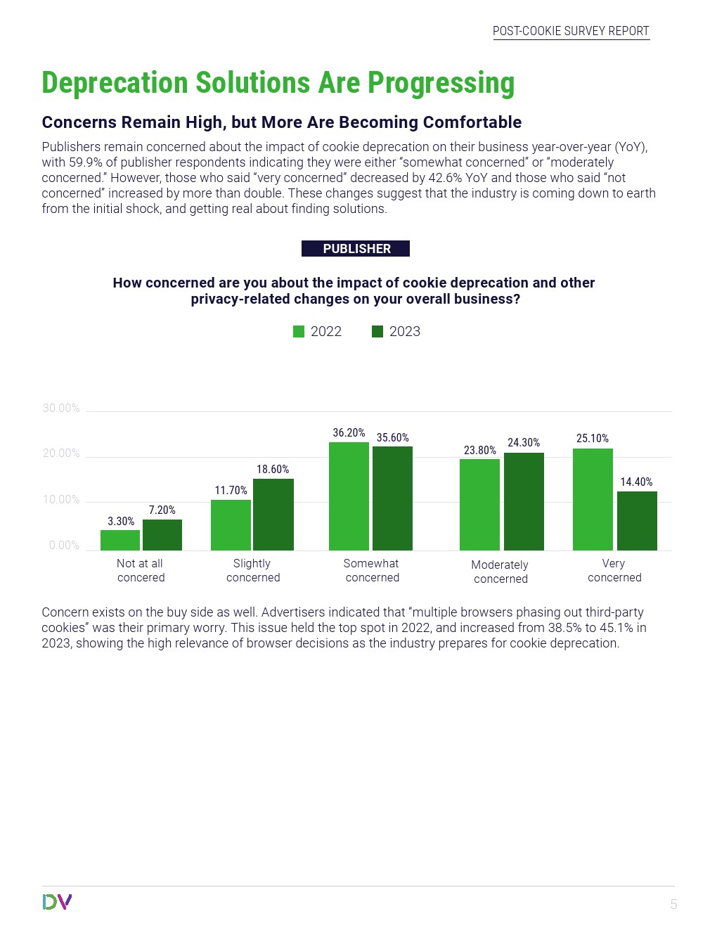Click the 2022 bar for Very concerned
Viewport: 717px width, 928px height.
[x=593, y=499]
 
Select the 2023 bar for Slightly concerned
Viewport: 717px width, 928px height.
[x=273, y=515]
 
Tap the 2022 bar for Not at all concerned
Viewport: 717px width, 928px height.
[x=120, y=540]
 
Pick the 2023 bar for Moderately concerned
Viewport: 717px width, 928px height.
[x=524, y=501]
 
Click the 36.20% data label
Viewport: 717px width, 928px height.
[x=349, y=433]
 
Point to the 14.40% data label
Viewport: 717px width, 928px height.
[x=636, y=482]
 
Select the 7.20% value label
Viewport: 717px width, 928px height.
[x=162, y=510]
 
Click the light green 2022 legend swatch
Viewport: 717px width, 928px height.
[x=299, y=332]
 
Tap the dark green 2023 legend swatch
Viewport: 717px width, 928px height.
[x=377, y=332]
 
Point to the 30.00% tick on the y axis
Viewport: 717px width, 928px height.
[x=61, y=408]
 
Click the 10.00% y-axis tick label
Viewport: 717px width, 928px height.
[x=61, y=500]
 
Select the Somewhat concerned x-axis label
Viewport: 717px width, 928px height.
[x=372, y=570]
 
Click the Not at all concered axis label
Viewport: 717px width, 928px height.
[x=141, y=570]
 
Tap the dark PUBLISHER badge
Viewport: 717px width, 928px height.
[x=356, y=249]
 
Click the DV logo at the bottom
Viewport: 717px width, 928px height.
[x=57, y=902]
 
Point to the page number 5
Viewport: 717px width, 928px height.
[x=673, y=905]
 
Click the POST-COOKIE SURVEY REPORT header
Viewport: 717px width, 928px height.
[x=571, y=31]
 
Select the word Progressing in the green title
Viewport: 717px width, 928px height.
[x=441, y=83]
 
